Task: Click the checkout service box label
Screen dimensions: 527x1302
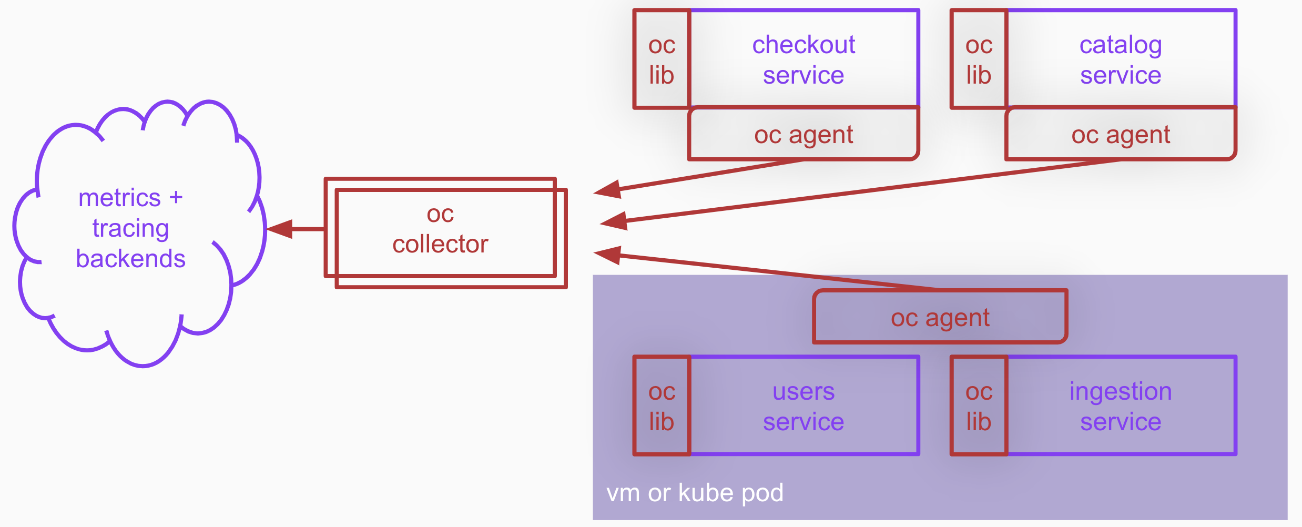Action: (x=803, y=59)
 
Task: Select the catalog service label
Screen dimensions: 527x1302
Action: (x=1120, y=59)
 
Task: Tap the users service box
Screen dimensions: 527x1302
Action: (x=803, y=406)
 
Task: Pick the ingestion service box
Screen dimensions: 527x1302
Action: (x=1120, y=406)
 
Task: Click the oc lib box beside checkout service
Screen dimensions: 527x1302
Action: (x=662, y=59)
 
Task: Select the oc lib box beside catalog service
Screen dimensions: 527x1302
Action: (x=979, y=59)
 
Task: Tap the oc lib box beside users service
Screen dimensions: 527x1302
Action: (x=662, y=406)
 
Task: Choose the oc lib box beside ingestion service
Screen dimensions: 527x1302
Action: (x=979, y=406)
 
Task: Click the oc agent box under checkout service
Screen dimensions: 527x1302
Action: (x=803, y=135)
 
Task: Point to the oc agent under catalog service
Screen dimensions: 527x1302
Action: (x=1120, y=135)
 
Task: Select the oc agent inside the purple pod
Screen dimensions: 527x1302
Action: (x=940, y=318)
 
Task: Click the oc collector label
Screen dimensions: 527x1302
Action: (x=440, y=229)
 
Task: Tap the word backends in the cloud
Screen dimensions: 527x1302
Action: (x=130, y=259)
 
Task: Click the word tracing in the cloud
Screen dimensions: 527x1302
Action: (x=130, y=228)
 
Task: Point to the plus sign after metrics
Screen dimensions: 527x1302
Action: (x=176, y=198)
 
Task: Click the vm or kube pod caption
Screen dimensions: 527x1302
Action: (x=695, y=493)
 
